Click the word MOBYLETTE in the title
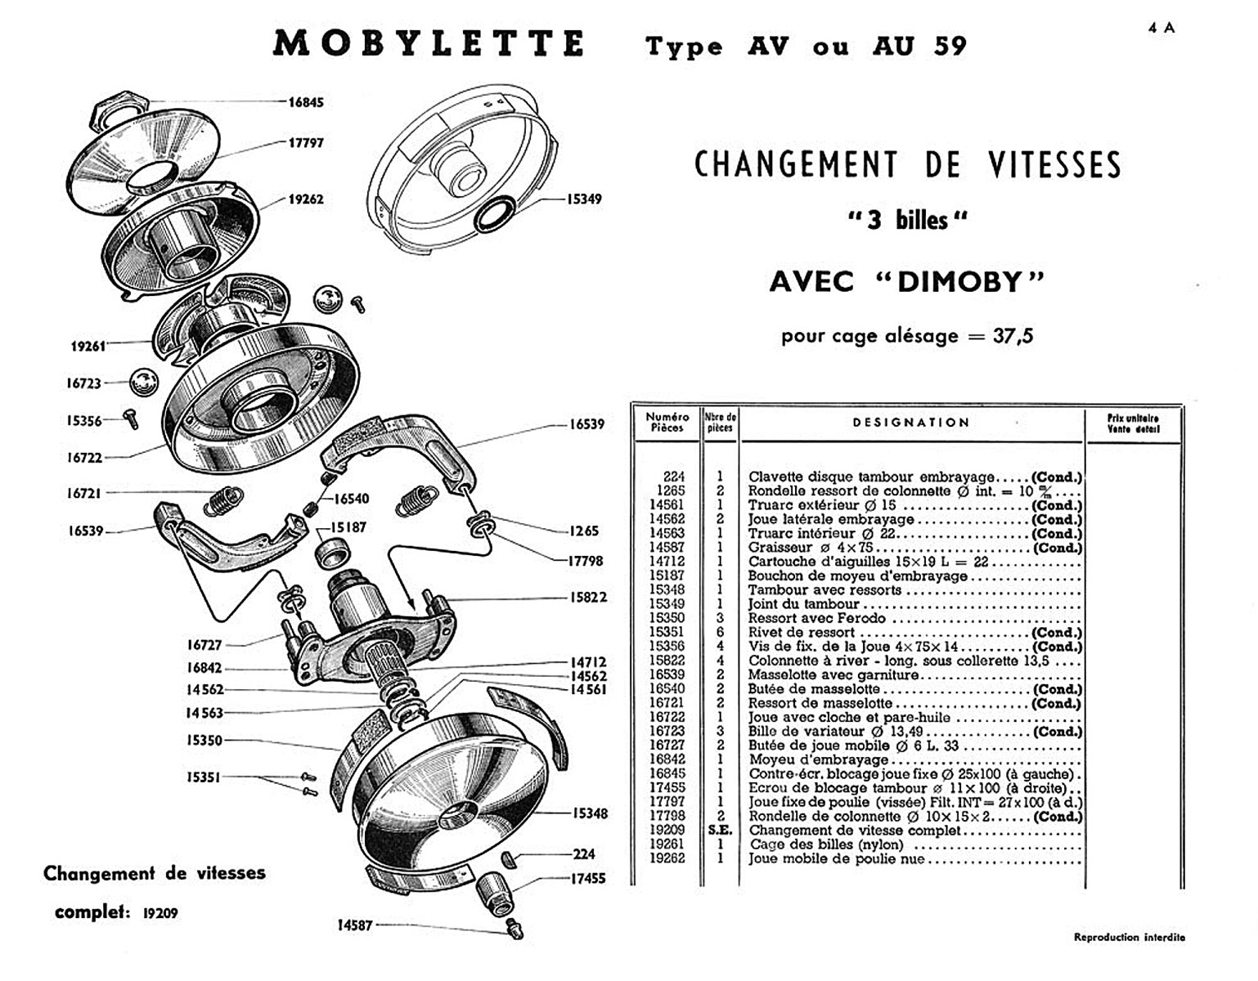pos(429,44)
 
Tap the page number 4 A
pos(1161,28)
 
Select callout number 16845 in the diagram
pos(306,102)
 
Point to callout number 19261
pos(88,346)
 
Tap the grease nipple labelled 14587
pos(514,929)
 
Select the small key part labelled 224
pos(510,858)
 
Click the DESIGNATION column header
pos(910,423)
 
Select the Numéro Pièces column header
pos(667,422)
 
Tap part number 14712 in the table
pos(667,562)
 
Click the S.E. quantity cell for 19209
pos(719,831)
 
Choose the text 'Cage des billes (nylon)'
pos(826,844)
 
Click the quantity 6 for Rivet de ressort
pos(720,633)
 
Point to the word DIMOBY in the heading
pos(959,282)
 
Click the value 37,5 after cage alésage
pos(1013,336)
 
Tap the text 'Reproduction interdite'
pos(1129,938)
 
